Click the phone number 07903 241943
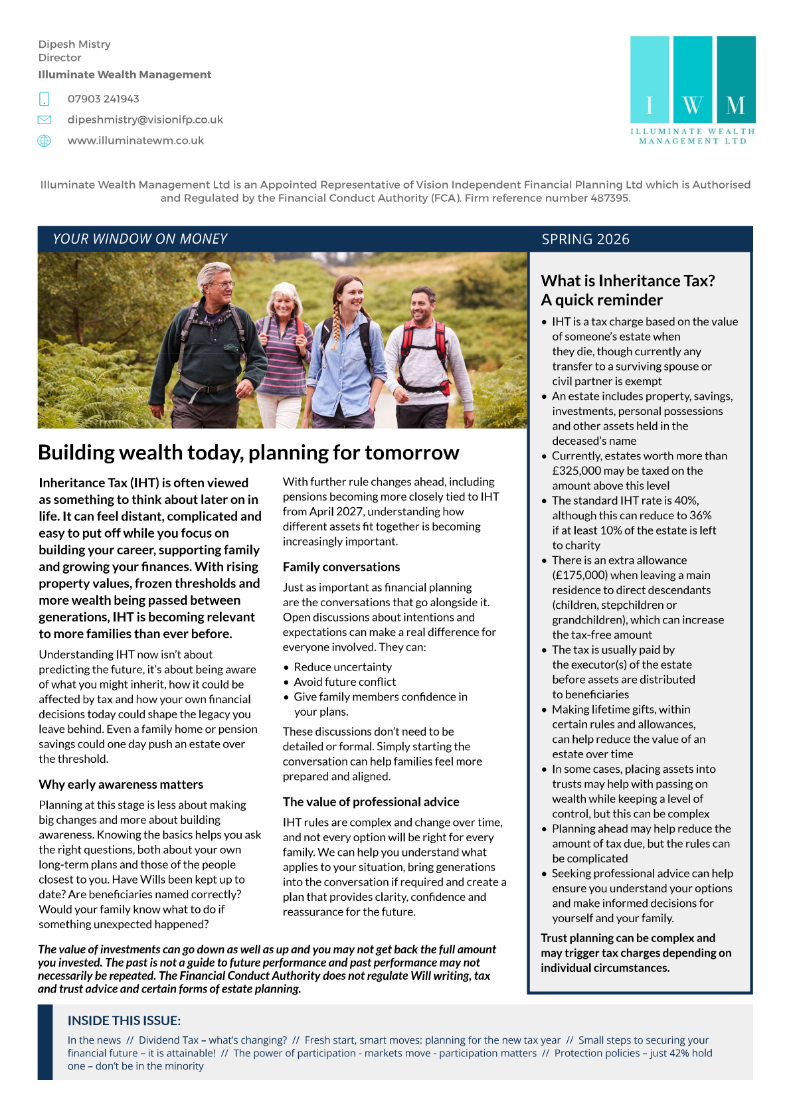[x=103, y=99]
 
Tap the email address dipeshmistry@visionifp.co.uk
[x=145, y=120]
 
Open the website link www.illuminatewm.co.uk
[x=135, y=141]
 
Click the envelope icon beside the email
[x=44, y=120]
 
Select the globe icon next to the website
[x=44, y=141]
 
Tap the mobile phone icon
[x=44, y=100]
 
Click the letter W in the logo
[x=693, y=106]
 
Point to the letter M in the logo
[x=735, y=106]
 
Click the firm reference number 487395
[x=608, y=198]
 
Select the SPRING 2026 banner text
[x=585, y=239]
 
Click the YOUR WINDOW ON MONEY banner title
[x=140, y=239]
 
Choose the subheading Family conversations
[x=341, y=567]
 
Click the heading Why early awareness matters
[x=121, y=785]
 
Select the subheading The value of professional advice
[x=371, y=802]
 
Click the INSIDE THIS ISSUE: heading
[x=124, y=1020]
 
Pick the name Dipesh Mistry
[x=74, y=44]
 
